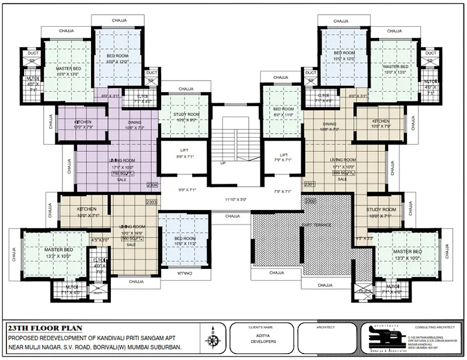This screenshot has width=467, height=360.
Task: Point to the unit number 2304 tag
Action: pyautogui.click(x=153, y=184)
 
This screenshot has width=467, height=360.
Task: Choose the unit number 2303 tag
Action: pyautogui.click(x=152, y=202)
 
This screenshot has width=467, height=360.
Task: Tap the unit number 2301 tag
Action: pyautogui.click(x=309, y=184)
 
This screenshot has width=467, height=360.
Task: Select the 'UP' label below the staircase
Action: pyautogui.click(x=223, y=163)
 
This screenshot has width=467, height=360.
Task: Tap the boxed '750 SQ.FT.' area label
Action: pyautogui.click(x=120, y=173)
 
